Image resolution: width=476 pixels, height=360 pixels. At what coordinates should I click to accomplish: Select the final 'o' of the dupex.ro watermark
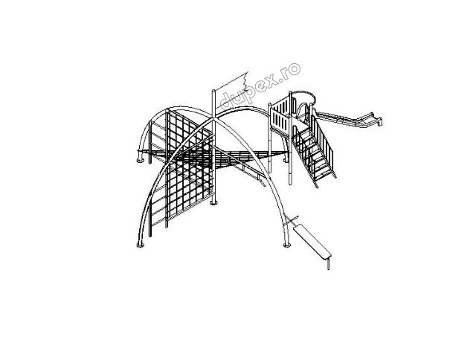pyautogui.click(x=294, y=69)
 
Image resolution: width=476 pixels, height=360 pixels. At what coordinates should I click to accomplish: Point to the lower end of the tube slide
pyautogui.click(x=379, y=121)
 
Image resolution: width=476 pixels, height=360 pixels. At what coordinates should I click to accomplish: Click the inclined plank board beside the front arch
pyautogui.click(x=312, y=241)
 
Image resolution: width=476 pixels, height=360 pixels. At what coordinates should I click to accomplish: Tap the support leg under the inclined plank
pyautogui.click(x=328, y=264)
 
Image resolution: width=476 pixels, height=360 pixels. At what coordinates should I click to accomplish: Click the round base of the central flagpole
pyautogui.click(x=213, y=202)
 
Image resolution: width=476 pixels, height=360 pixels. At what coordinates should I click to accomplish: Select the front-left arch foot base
pyautogui.click(x=141, y=245)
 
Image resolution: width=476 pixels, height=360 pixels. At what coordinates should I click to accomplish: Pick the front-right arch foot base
pyautogui.click(x=287, y=245)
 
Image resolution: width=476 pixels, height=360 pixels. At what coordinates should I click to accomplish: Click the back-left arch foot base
pyautogui.click(x=141, y=160)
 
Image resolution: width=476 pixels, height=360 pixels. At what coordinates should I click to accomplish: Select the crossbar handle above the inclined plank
pyautogui.click(x=292, y=219)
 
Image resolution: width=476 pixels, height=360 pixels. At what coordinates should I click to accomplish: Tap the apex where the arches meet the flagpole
pyautogui.click(x=213, y=118)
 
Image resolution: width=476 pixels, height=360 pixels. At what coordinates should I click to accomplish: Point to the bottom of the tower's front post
pyautogui.click(x=291, y=183)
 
